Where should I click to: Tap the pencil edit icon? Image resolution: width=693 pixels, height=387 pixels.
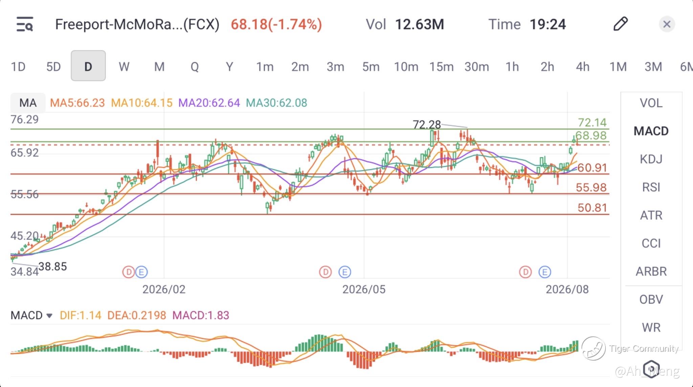621,24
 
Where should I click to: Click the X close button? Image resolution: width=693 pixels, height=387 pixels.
667,24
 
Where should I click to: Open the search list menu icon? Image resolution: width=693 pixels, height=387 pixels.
25,24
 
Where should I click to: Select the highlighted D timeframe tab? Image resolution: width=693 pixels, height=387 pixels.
88,66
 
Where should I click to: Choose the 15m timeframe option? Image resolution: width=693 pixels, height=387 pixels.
441,67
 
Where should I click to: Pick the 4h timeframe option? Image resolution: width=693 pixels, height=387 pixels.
582,67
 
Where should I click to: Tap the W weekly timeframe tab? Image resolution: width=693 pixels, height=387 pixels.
124,67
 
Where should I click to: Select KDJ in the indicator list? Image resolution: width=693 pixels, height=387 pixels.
651,159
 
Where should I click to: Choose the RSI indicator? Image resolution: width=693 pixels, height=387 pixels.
651,187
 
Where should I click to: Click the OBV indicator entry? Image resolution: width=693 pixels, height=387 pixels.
651,299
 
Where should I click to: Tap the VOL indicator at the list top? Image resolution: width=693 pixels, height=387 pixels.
651,103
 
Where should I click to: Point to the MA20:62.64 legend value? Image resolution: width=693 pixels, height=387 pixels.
209,103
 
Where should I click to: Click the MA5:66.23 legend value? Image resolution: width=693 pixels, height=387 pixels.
77,103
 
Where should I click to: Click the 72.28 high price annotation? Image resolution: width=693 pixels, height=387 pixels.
427,125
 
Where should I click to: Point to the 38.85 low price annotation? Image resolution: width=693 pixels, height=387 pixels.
52,266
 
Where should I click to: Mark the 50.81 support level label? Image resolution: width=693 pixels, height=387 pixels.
592,208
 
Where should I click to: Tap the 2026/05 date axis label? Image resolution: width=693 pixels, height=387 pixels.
364,289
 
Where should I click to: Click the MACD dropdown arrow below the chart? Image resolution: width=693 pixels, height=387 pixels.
49,316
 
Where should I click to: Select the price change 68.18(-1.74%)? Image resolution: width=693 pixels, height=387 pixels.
276,24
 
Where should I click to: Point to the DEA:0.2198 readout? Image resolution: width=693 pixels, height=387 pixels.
137,315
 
